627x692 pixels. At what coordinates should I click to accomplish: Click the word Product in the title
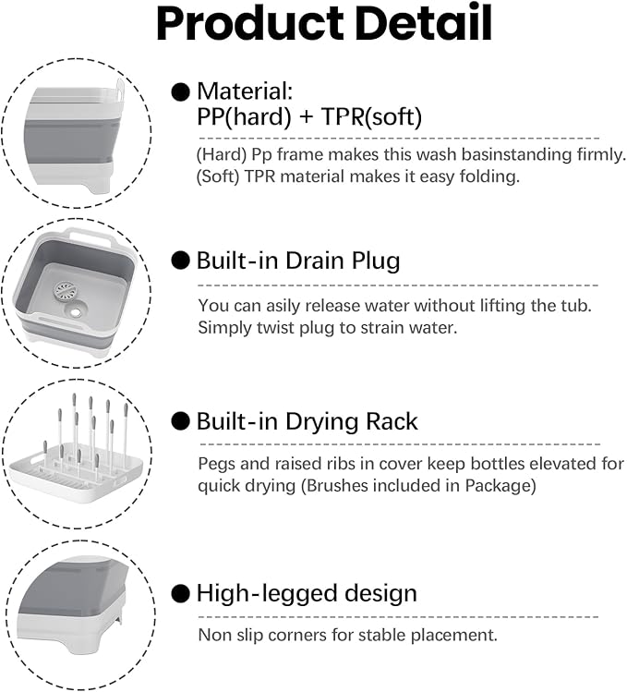click(x=249, y=24)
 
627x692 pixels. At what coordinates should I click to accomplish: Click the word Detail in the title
click(x=424, y=22)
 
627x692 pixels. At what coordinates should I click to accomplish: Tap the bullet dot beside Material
click(x=180, y=92)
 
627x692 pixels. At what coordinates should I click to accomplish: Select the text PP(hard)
click(x=245, y=117)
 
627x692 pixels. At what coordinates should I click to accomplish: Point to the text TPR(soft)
click(x=371, y=117)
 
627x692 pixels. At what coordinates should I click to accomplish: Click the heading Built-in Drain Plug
click(x=298, y=261)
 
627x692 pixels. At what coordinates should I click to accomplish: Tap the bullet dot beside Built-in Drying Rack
click(x=180, y=421)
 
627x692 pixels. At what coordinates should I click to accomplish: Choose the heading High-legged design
click(x=307, y=593)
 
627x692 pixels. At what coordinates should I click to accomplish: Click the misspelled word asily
click(x=283, y=307)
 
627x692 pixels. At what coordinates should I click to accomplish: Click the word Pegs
click(x=216, y=465)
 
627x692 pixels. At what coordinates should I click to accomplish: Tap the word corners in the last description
click(x=297, y=636)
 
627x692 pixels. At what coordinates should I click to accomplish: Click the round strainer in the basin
click(x=66, y=291)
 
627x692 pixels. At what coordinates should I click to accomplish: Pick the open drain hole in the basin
click(x=76, y=311)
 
